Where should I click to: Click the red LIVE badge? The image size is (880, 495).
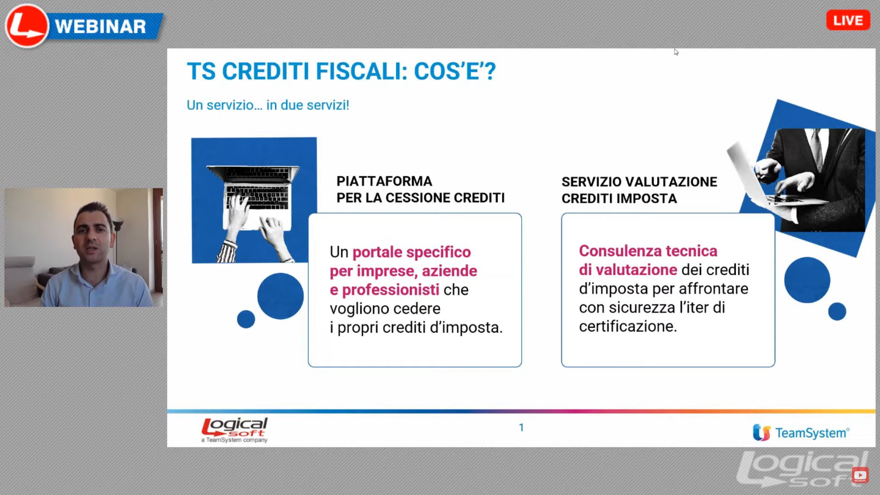[x=848, y=21]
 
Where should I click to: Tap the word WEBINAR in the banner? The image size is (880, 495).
[x=100, y=27]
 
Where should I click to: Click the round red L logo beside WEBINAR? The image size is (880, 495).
[x=27, y=26]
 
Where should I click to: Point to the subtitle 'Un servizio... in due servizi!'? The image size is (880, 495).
[x=268, y=105]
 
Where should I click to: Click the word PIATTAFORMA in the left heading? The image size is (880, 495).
[x=384, y=181]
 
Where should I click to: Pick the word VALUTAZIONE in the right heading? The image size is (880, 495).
[x=671, y=182]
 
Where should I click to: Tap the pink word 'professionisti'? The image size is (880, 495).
[x=390, y=290]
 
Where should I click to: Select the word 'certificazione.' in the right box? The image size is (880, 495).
[x=628, y=326]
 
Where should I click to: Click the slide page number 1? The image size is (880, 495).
[x=521, y=428]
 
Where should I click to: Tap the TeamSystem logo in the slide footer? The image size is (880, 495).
[x=801, y=433]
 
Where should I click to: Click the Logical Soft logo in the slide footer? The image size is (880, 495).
[x=235, y=430]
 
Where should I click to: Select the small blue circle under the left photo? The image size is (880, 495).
[x=246, y=319]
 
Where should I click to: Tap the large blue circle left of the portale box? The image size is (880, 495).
[x=280, y=296]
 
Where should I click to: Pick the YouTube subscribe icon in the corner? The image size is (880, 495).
[x=860, y=475]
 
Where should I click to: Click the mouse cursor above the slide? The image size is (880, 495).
[x=676, y=52]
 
